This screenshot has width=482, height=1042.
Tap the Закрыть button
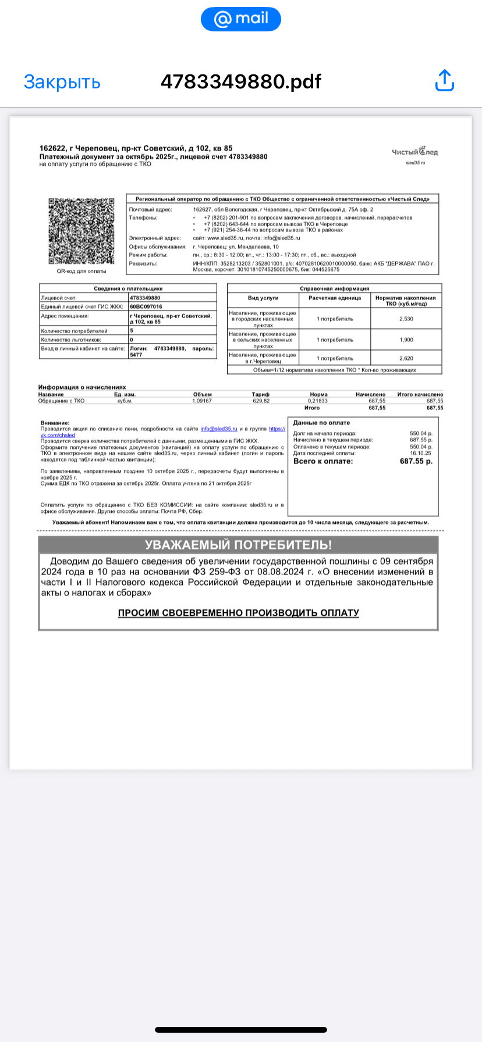pyautogui.click(x=62, y=82)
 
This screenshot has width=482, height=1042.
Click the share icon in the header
pyautogui.click(x=445, y=81)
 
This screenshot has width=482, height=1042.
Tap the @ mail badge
pyautogui.click(x=240, y=19)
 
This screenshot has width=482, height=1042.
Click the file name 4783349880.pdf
pyautogui.click(x=240, y=82)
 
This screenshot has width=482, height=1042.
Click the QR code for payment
pyautogui.click(x=81, y=231)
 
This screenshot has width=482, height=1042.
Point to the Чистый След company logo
pyautogui.click(x=414, y=152)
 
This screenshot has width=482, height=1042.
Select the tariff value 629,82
pyautogui.click(x=261, y=401)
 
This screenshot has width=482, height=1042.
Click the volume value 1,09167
pyautogui.click(x=202, y=401)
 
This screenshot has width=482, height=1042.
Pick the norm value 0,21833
pyautogui.click(x=318, y=401)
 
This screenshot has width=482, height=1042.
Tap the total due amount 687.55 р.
pyautogui.click(x=416, y=461)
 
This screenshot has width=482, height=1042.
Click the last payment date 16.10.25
pyautogui.click(x=420, y=453)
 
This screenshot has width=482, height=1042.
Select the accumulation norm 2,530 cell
pyautogui.click(x=406, y=319)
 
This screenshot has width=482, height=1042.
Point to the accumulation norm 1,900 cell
pyautogui.click(x=406, y=340)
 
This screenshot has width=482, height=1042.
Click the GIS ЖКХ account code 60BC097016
pyautogui.click(x=146, y=306)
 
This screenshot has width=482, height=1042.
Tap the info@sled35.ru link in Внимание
pyautogui.click(x=219, y=429)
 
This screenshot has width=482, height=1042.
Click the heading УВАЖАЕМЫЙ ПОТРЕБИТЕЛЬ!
pyautogui.click(x=238, y=545)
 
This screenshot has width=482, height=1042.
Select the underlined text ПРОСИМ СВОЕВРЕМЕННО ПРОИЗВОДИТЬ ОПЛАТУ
pyautogui.click(x=238, y=613)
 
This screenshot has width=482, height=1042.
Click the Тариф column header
pyautogui.click(x=261, y=394)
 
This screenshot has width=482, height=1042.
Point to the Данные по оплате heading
pyautogui.click(x=321, y=423)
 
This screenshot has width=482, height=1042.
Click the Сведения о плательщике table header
pyautogui.click(x=128, y=288)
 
